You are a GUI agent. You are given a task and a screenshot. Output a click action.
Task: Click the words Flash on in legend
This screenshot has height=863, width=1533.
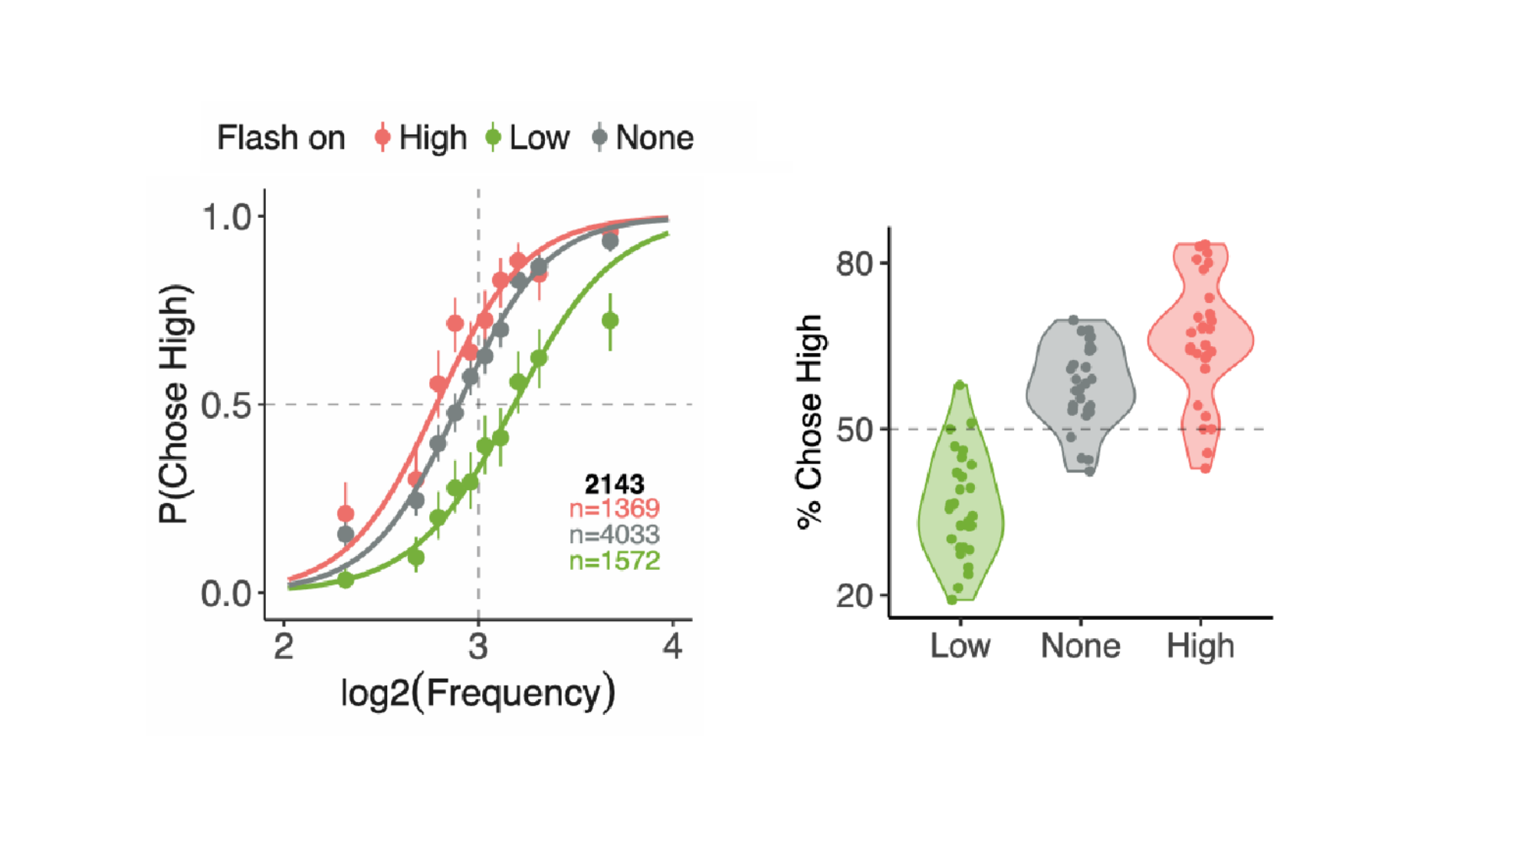click(281, 138)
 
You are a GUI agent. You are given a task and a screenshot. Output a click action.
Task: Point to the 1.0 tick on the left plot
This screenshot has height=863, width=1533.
click(227, 218)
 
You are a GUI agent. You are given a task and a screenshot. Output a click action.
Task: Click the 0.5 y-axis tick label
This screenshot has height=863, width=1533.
click(227, 406)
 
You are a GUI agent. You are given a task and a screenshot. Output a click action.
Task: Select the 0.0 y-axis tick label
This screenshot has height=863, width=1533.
click(227, 594)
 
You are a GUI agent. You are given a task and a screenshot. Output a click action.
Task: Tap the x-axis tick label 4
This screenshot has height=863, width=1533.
click(672, 647)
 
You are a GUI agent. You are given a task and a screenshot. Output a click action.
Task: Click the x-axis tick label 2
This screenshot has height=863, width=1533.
click(284, 647)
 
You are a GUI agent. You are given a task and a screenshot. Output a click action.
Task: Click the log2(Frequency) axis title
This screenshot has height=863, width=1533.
click(478, 693)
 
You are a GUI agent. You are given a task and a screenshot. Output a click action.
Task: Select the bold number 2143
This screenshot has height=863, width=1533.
click(614, 484)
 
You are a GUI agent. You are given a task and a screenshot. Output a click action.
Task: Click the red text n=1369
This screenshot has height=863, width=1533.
click(614, 509)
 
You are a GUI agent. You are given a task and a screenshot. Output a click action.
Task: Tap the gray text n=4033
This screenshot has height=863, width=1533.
click(614, 535)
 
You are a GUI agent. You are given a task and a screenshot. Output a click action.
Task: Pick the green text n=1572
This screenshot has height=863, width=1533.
click(614, 561)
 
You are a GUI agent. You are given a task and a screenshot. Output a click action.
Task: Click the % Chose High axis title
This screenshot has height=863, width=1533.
click(809, 422)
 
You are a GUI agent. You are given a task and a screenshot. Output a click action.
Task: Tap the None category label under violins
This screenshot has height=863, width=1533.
click(1080, 646)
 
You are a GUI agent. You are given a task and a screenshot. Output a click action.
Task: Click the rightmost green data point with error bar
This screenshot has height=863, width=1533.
click(610, 321)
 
